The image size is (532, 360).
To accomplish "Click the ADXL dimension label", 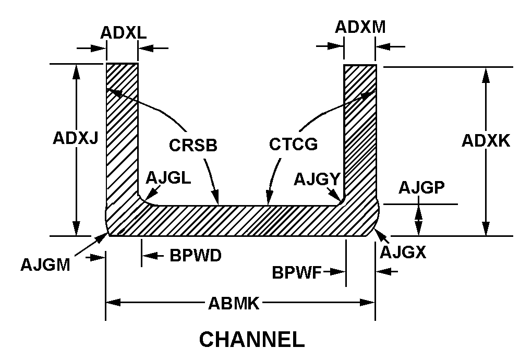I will point(124,33).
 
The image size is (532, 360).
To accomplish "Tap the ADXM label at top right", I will point(360,27).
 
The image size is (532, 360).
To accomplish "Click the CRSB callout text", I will point(192,145).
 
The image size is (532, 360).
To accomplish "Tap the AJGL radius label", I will point(168,178).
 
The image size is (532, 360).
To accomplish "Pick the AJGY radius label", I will point(317,179).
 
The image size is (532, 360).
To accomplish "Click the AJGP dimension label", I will point(421,188).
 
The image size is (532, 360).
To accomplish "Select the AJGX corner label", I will point(403,253).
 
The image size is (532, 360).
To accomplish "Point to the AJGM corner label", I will point(45,265).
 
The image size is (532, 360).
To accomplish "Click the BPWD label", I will point(196,256).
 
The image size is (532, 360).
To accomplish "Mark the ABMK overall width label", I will point(234,303).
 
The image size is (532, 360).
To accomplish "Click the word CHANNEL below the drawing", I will point(252,339).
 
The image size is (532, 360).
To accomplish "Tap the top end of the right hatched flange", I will point(359,67).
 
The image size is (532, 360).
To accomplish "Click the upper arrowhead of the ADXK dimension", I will point(486,74).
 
